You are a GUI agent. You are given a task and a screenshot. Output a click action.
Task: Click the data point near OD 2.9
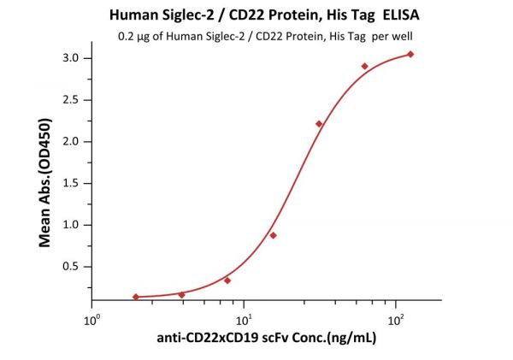[364, 66]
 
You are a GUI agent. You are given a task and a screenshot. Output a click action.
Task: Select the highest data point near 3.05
[410, 54]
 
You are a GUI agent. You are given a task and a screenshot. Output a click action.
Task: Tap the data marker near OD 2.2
[319, 124]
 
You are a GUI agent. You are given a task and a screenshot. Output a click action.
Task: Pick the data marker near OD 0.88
[273, 235]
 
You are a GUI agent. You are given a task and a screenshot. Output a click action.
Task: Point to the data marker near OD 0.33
[227, 280]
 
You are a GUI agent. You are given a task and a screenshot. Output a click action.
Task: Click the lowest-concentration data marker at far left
[136, 297]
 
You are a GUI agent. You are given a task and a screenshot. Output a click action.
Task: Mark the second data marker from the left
[181, 295]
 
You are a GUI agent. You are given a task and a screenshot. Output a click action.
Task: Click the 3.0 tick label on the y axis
[71, 58]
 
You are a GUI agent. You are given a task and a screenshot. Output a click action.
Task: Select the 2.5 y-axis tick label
[71, 100]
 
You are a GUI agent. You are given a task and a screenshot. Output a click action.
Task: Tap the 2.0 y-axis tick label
[71, 142]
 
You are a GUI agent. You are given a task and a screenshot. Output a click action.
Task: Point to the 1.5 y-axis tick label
[71, 183]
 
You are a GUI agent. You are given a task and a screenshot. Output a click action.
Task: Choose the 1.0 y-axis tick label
[71, 225]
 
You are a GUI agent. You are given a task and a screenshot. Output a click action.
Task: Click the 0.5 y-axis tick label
[71, 267]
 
